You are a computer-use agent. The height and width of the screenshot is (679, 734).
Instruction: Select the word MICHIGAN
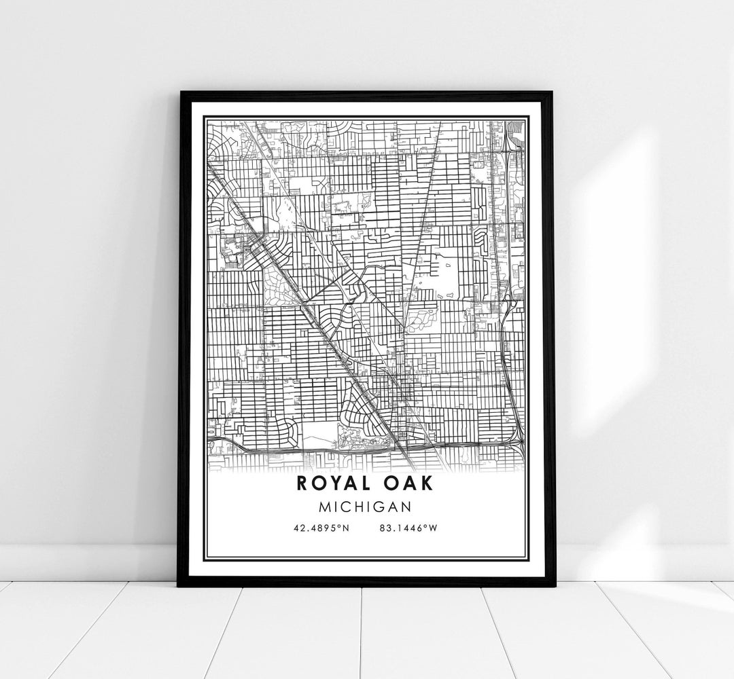(x=367, y=506)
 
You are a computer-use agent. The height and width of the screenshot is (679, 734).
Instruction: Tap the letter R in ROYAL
(x=302, y=483)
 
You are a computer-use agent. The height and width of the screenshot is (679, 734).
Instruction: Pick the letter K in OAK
(x=431, y=483)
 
